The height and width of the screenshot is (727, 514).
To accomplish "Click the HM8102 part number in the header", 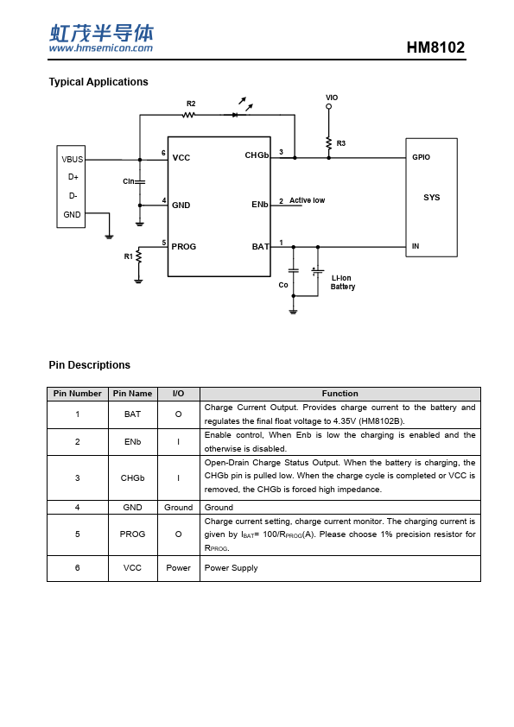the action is pos(435,47).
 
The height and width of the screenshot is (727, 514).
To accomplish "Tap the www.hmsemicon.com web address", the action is pos(101,47).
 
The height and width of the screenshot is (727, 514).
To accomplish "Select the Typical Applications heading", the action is pos(98,82).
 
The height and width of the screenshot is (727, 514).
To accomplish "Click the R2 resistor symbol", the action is pos(189,115).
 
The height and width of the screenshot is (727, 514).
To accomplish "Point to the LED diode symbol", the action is pos(235,115).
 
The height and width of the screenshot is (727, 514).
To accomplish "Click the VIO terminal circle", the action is pos(328,107).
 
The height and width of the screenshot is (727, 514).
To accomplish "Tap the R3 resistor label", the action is pos(341,143).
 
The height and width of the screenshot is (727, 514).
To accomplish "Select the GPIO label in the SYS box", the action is pos(422,157).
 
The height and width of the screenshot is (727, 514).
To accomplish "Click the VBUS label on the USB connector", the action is pos(73,160).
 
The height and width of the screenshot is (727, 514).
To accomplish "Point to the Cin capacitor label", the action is pos(129,181).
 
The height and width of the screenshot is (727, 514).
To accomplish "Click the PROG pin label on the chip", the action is pos(184,247).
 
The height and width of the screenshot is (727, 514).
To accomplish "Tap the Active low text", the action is pos(307,200).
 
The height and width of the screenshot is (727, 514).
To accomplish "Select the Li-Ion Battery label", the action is pos(343,282).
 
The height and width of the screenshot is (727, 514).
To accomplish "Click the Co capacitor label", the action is pos(283,285).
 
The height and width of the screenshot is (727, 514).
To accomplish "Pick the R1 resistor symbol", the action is pos(138,257).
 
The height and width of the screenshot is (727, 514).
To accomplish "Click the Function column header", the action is pos(340,394).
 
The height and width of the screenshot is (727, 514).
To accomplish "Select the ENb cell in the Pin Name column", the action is pos(133,442).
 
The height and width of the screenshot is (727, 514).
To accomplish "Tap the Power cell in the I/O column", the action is pos(179,568).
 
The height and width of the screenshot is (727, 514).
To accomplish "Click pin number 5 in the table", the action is pos(78,534).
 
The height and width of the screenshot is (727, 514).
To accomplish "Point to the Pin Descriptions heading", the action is pos(90,365).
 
